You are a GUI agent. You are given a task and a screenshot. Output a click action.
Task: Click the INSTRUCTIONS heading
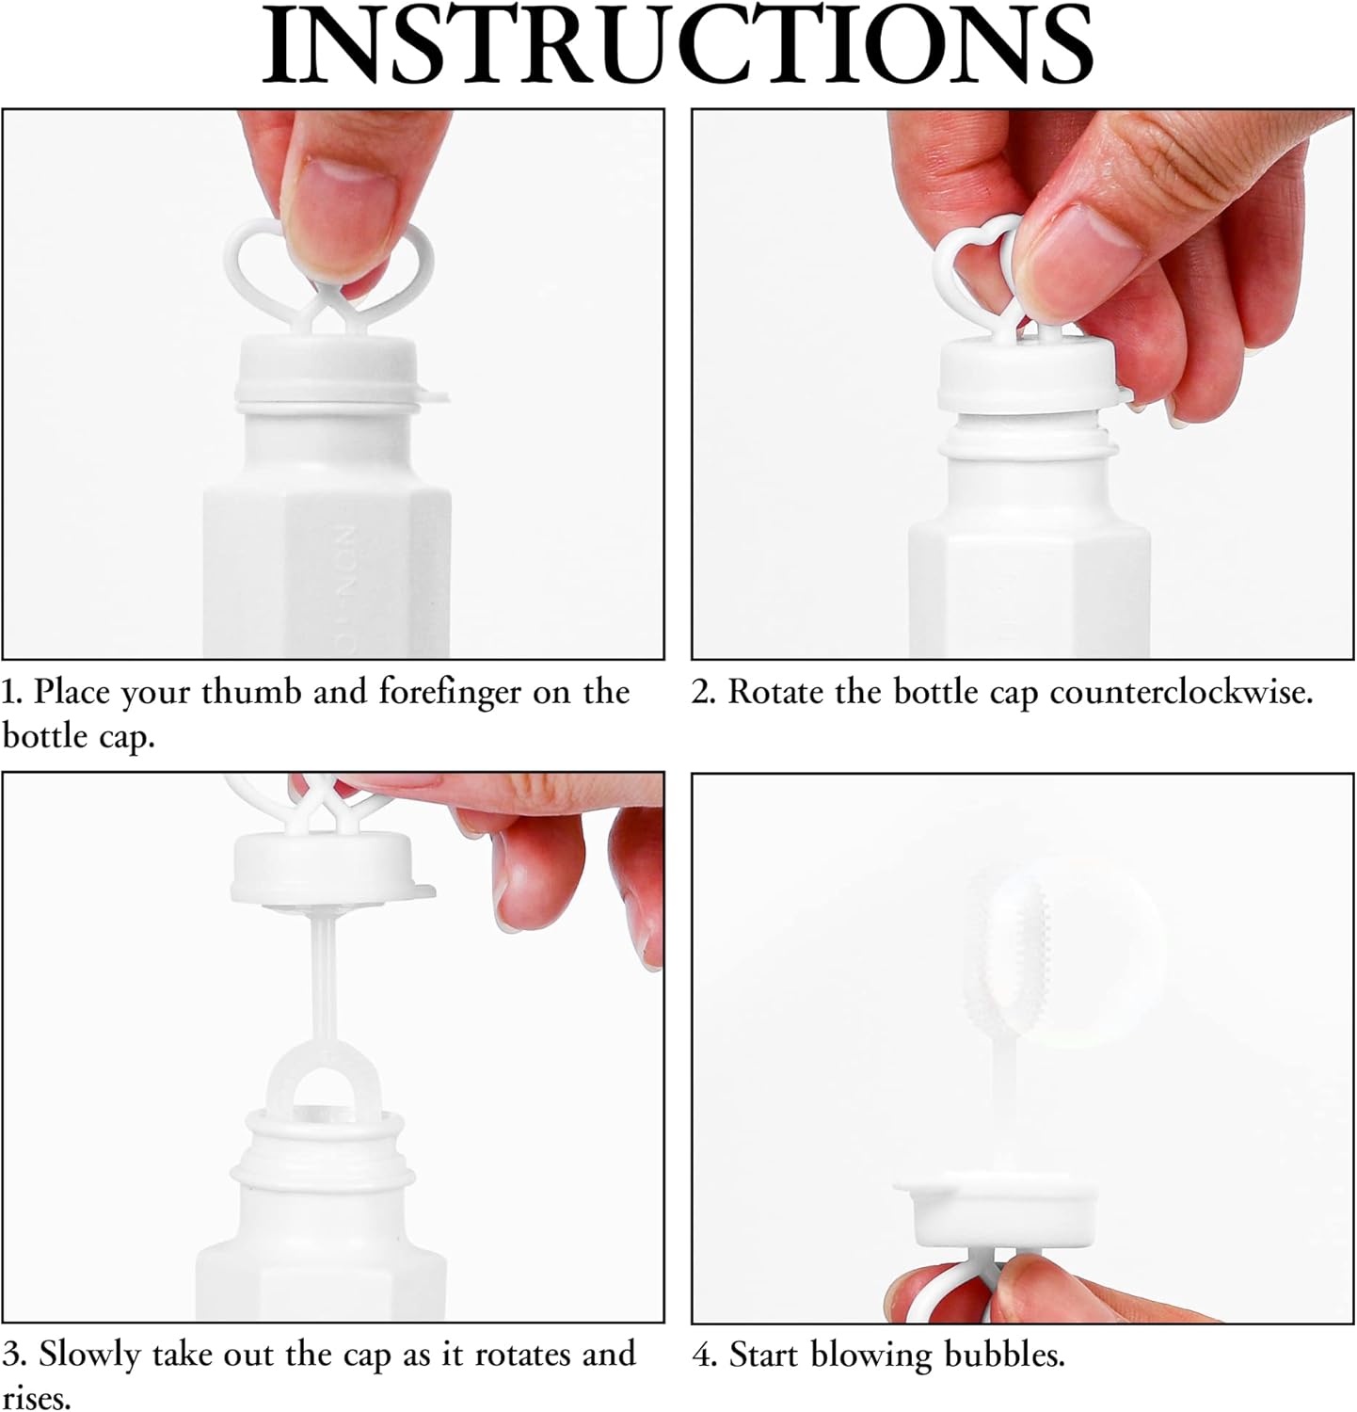pyautogui.click(x=678, y=44)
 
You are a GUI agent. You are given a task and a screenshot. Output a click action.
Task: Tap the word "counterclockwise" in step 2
pyautogui.click(x=1181, y=693)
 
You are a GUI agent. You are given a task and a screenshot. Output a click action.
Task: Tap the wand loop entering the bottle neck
pyautogui.click(x=311, y=1073)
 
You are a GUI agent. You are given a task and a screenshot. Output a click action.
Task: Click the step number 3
pyautogui.click(x=13, y=1356)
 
